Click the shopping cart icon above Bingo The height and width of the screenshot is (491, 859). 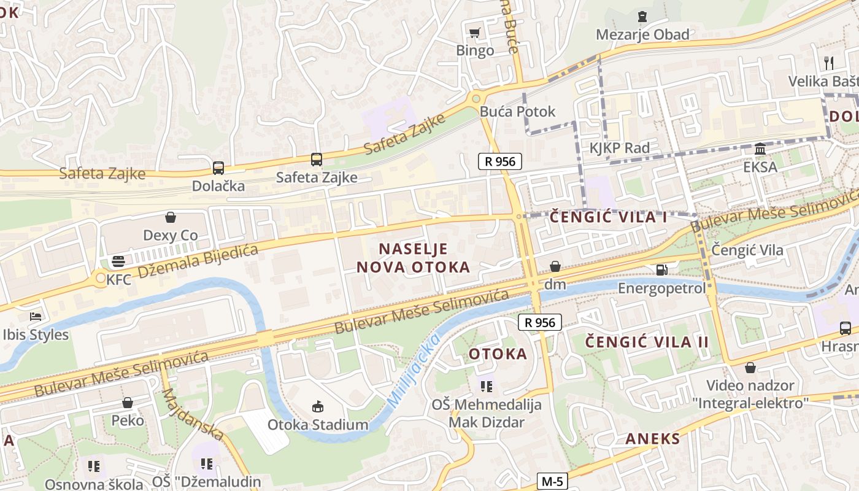point(474,33)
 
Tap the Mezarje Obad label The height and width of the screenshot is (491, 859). point(642,34)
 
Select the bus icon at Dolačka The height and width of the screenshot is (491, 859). point(218,168)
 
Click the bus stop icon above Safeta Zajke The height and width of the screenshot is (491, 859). point(316,160)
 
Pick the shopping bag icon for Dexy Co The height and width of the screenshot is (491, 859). point(171,217)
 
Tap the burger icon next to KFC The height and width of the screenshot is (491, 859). point(118,261)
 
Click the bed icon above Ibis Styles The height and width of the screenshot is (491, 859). point(36,317)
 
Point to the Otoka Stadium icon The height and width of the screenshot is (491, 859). point(317,406)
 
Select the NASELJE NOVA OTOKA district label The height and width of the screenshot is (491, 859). point(414,258)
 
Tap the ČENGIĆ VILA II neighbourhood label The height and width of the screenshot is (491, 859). point(647,342)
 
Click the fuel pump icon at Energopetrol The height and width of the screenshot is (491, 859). point(661,269)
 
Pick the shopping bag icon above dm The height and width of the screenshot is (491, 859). point(555,266)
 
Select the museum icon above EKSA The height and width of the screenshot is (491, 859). point(760,149)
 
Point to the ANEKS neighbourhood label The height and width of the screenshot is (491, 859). point(653,438)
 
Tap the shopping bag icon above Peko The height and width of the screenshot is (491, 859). point(128,403)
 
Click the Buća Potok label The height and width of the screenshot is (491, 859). point(517,111)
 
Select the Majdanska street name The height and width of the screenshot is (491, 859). point(192,414)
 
